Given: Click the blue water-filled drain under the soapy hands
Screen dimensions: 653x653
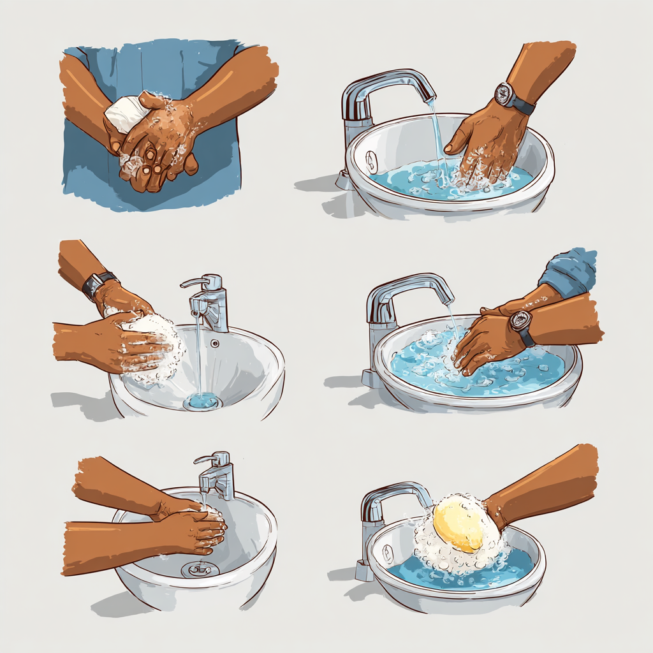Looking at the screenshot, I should click(203, 401).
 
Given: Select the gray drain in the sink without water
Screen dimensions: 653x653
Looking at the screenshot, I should click(200, 569).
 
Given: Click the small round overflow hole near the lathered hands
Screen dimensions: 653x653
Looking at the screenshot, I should click(216, 343).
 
